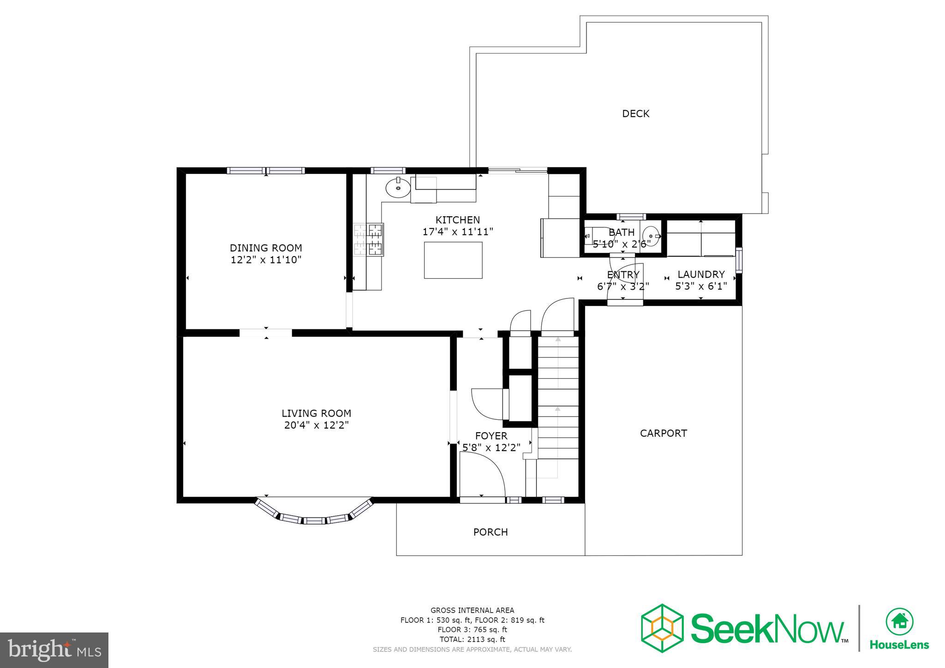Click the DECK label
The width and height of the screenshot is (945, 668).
(x=635, y=113)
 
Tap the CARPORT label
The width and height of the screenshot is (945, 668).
(x=663, y=433)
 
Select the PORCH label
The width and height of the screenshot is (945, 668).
(x=490, y=532)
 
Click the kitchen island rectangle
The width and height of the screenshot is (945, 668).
(x=453, y=260)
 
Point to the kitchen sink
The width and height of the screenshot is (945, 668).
(x=398, y=188)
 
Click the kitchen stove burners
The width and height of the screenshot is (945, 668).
(x=369, y=239)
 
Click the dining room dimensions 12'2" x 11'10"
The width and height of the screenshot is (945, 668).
(x=266, y=260)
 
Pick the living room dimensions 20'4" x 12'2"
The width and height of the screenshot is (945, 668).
(x=316, y=425)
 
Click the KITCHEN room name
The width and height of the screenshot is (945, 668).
(x=458, y=220)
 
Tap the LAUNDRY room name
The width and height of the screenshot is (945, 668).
(x=701, y=274)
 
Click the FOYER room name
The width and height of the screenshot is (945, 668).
(x=491, y=436)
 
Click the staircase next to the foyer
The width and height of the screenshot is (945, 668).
(x=558, y=406)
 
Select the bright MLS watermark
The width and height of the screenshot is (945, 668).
(x=54, y=650)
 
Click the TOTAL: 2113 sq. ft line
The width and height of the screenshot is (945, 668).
(x=472, y=639)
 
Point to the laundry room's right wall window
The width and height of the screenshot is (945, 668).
(x=739, y=260)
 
